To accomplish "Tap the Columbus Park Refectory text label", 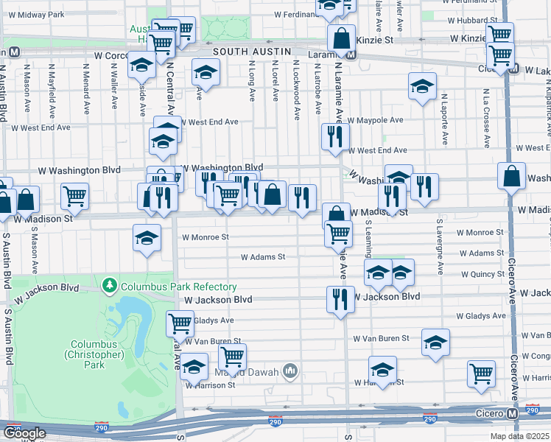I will point(179,287).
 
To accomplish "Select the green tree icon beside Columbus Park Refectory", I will point(110,285).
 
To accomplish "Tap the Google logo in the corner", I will point(24,433).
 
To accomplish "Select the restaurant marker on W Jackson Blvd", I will point(339,299).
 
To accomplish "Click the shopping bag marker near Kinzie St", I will point(343,38).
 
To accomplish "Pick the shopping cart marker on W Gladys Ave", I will point(180,323).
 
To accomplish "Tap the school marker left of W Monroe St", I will point(147,238).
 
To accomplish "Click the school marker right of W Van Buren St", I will point(435,343).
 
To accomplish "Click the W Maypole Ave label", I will point(376,119).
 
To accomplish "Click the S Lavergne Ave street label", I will point(439,247).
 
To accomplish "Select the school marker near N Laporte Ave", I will point(422,86).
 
